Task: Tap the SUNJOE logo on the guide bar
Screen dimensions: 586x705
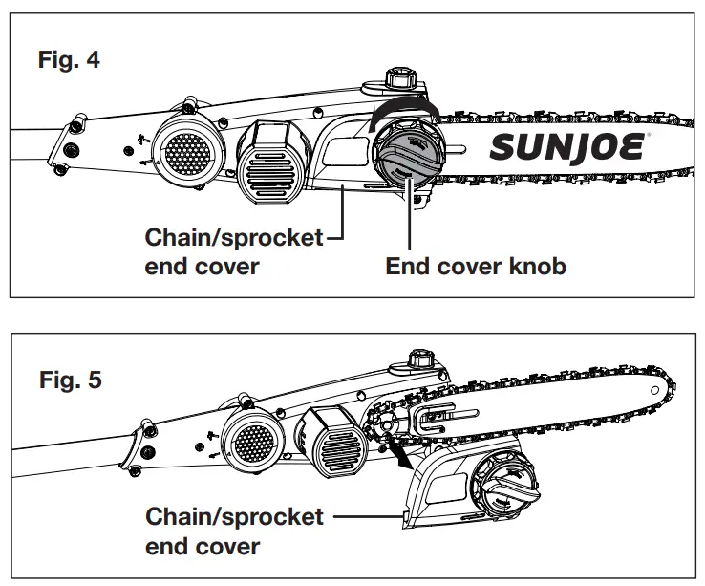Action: (x=570, y=149)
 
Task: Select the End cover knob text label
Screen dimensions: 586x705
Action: (x=476, y=266)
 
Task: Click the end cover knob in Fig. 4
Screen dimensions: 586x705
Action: (x=406, y=157)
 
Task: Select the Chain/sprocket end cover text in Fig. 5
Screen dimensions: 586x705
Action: (x=234, y=532)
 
